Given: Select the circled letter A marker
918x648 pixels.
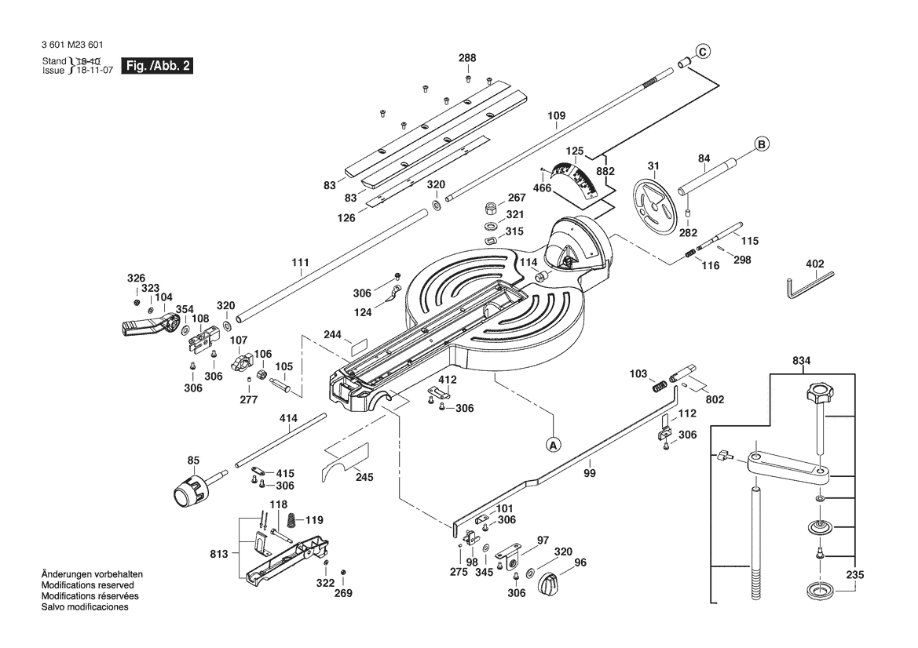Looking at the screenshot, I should coord(552,444).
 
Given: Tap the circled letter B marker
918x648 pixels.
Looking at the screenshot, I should coord(761,144).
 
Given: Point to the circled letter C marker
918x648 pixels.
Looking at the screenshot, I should coord(703,52).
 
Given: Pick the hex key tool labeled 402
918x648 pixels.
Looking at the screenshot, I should coord(809,284).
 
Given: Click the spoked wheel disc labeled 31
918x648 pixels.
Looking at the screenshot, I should coord(654,206).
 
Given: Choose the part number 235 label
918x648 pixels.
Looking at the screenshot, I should coord(855,575).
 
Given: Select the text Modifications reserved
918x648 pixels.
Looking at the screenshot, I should coord(87,585).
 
